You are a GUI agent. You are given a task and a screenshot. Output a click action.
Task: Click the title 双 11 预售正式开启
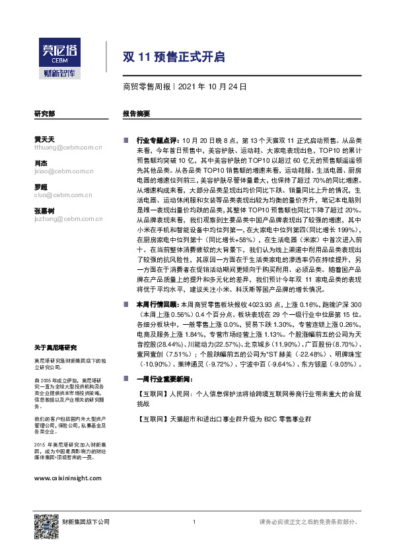click(174, 58)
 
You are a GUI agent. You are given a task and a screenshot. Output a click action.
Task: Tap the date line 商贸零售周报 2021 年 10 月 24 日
click(185, 87)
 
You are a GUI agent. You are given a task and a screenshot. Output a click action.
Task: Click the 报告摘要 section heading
click(136, 114)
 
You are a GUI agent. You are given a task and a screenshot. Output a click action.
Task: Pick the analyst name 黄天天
click(44, 140)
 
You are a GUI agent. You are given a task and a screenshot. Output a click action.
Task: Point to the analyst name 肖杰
click(40, 163)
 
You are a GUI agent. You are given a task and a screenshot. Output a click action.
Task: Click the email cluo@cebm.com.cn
click(59, 195)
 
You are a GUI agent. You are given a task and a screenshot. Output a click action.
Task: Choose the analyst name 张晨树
click(44, 210)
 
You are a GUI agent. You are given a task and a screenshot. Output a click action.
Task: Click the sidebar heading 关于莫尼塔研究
click(55, 347)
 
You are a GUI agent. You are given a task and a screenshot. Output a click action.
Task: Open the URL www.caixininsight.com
click(67, 478)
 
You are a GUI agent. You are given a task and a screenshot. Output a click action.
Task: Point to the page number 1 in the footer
click(194, 523)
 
